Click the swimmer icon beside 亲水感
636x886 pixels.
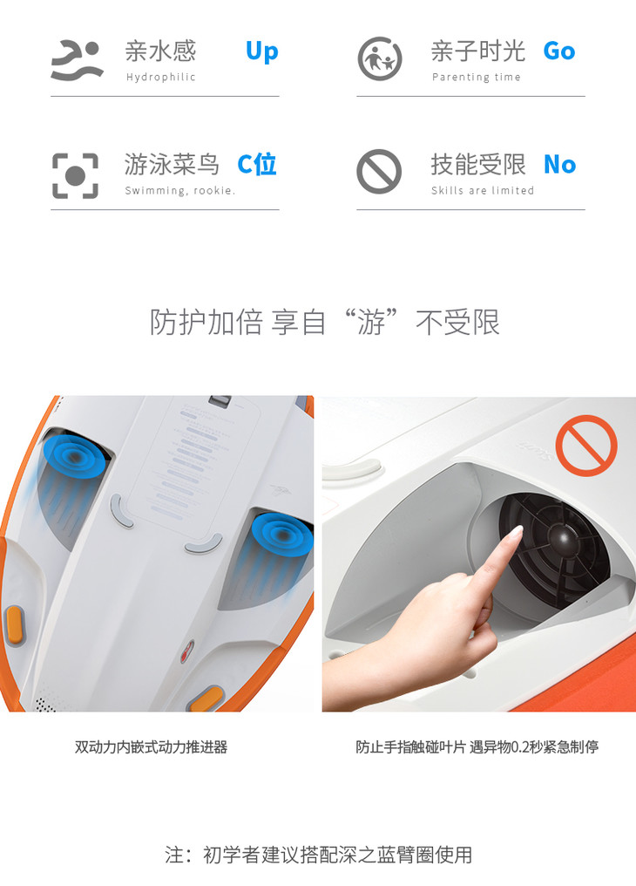[x=78, y=59]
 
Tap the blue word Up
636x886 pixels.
[x=262, y=52]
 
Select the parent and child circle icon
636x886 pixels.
[x=380, y=58]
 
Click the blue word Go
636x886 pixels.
[x=559, y=51]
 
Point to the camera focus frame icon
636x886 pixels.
[x=75, y=176]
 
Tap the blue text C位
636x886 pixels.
[x=257, y=165]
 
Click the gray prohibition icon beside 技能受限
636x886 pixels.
[x=379, y=172]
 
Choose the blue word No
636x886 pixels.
[x=560, y=165]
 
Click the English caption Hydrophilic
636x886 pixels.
[x=161, y=78]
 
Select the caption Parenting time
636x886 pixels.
[x=477, y=77]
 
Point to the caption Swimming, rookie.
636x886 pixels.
[x=180, y=190]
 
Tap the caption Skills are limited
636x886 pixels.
[x=483, y=190]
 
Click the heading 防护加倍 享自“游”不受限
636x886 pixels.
[x=324, y=322]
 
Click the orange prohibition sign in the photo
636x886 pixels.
[x=586, y=446]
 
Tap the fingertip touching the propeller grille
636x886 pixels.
[x=517, y=532]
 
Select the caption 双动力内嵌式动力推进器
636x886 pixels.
[x=152, y=747]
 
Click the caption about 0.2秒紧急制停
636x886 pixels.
[x=477, y=747]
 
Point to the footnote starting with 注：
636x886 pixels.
[x=318, y=855]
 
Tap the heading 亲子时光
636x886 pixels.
[x=478, y=51]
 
